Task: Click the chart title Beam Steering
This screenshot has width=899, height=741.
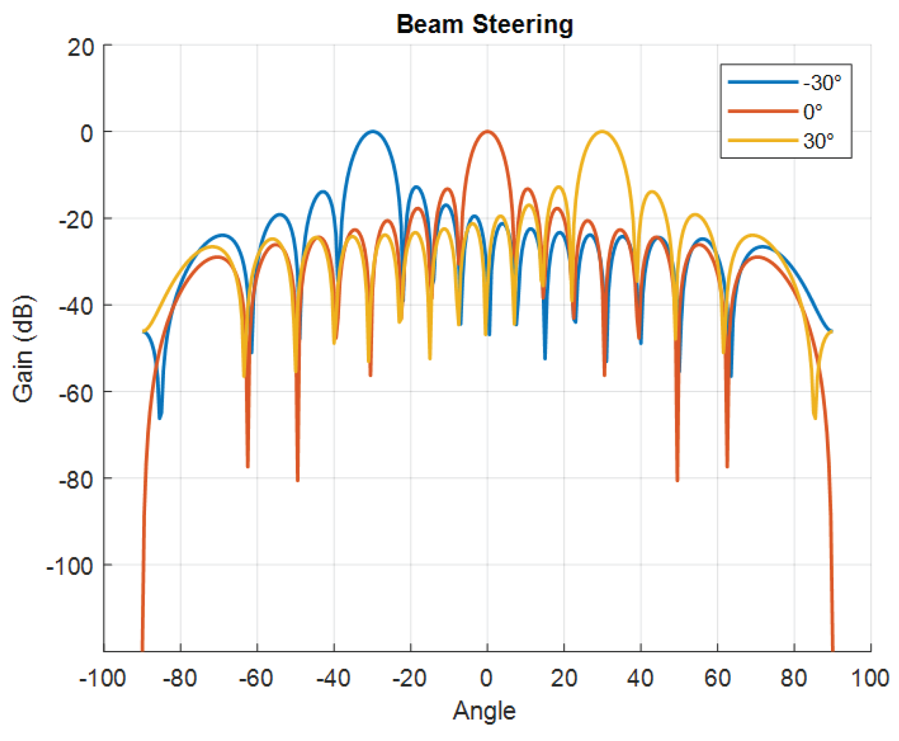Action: click(x=484, y=25)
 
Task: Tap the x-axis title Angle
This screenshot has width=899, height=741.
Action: click(x=484, y=711)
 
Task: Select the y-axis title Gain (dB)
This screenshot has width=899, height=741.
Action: click(x=24, y=349)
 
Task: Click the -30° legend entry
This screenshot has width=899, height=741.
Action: click(x=785, y=82)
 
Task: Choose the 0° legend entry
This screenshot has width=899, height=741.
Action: click(x=775, y=111)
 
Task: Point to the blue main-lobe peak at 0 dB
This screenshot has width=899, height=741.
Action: click(x=372, y=131)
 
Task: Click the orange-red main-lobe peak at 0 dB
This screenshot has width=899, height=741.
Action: click(x=487, y=131)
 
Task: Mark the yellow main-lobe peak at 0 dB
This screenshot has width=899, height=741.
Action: click(x=602, y=131)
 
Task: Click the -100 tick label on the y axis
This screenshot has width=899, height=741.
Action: click(x=70, y=567)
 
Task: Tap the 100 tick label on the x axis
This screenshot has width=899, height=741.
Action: click(x=870, y=678)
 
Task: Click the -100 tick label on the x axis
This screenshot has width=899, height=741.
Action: click(x=103, y=678)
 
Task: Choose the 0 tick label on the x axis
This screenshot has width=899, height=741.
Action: click(x=487, y=678)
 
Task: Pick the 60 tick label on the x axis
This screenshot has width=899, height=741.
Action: click(x=717, y=678)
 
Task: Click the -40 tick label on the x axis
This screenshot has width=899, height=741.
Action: click(x=333, y=678)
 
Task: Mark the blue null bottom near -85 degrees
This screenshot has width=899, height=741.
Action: click(x=160, y=418)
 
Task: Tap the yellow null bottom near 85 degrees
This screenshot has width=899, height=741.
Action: click(x=815, y=418)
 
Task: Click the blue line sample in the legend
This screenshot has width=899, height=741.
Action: click(x=762, y=82)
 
